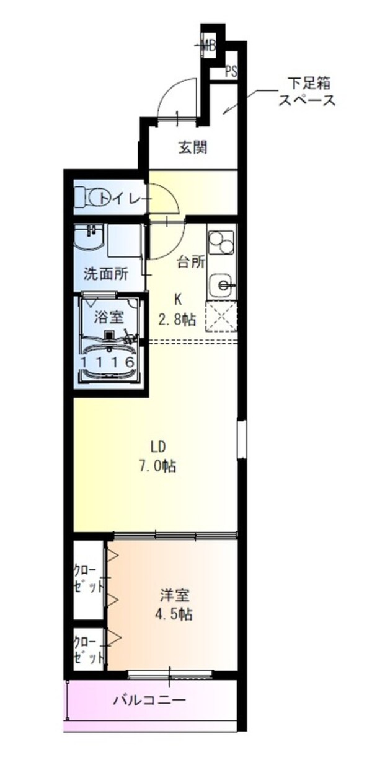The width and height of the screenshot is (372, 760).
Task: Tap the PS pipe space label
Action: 231,71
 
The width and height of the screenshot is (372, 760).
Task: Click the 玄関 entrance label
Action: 193,147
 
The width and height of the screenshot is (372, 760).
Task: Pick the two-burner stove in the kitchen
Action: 221,242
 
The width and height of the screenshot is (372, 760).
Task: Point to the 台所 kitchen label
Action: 191,262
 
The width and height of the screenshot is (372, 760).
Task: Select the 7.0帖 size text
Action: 159,466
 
